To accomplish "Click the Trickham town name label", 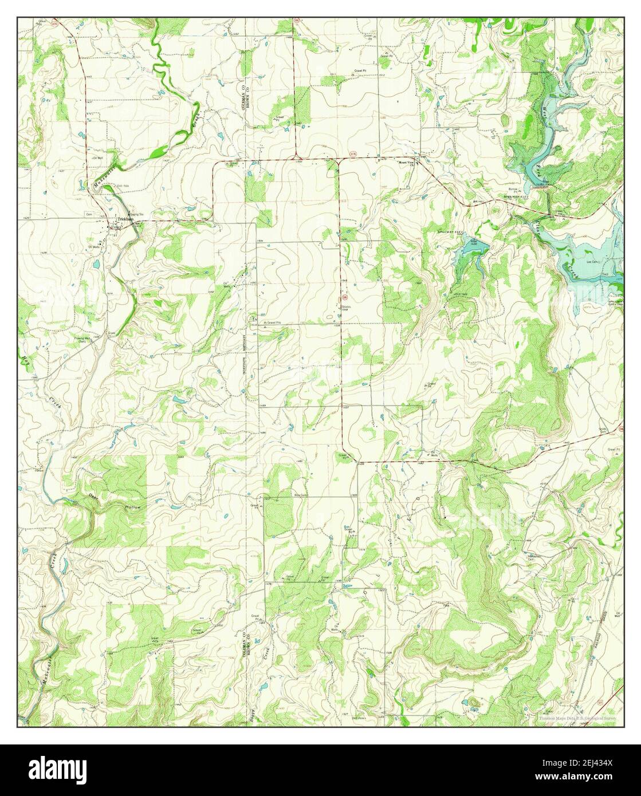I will click(125, 219).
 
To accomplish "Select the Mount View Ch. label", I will click(407, 163).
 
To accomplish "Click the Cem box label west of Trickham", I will click(89, 214).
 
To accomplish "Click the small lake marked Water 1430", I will click(471, 248).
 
